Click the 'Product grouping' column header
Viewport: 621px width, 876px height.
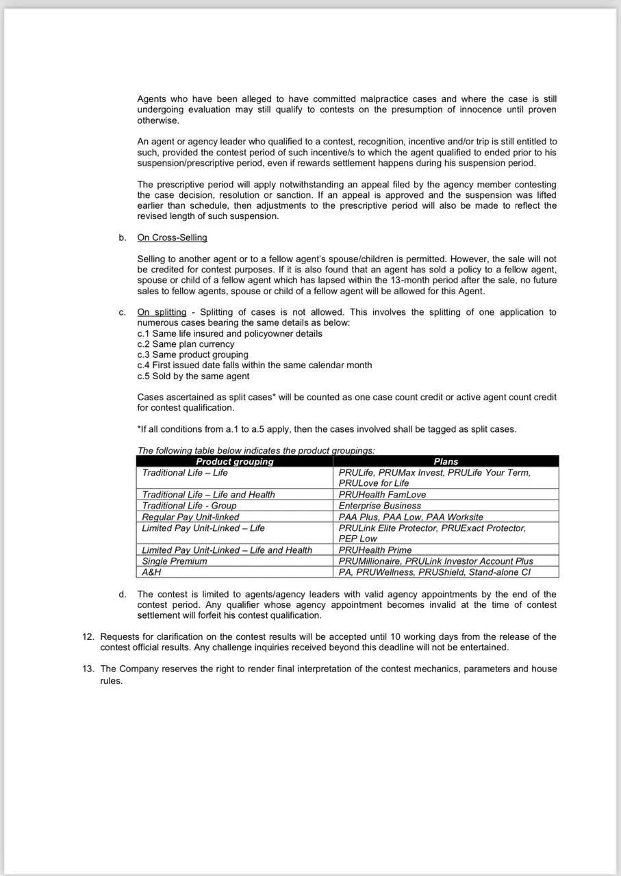[x=235, y=461]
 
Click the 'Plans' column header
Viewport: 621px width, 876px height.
[x=446, y=461]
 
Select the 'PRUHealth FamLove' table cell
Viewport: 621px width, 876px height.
[x=382, y=494]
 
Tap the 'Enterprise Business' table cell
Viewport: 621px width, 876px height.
[x=380, y=506]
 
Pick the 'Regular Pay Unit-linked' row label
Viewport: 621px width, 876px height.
[x=190, y=517]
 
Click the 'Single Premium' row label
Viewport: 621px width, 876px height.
[x=174, y=561]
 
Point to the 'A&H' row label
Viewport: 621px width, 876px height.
[x=151, y=572]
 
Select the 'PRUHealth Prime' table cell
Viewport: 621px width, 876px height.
[x=375, y=550]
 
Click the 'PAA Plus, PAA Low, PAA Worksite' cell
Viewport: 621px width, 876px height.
[x=411, y=517]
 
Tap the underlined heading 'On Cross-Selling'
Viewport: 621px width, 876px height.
[x=172, y=237]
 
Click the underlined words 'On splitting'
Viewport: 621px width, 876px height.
[x=162, y=312]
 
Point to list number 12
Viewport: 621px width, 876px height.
[x=88, y=636]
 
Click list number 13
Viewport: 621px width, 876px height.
[x=88, y=669]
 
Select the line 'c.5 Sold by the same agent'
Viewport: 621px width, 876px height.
[x=193, y=376]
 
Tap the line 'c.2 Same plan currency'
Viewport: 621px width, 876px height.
[x=186, y=344]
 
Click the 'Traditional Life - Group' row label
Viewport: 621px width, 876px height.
[x=189, y=506]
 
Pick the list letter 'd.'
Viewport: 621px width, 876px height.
[x=123, y=594]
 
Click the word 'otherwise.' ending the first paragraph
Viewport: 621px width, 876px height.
[x=158, y=120]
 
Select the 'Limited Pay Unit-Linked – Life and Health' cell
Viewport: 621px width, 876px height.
[x=227, y=550]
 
